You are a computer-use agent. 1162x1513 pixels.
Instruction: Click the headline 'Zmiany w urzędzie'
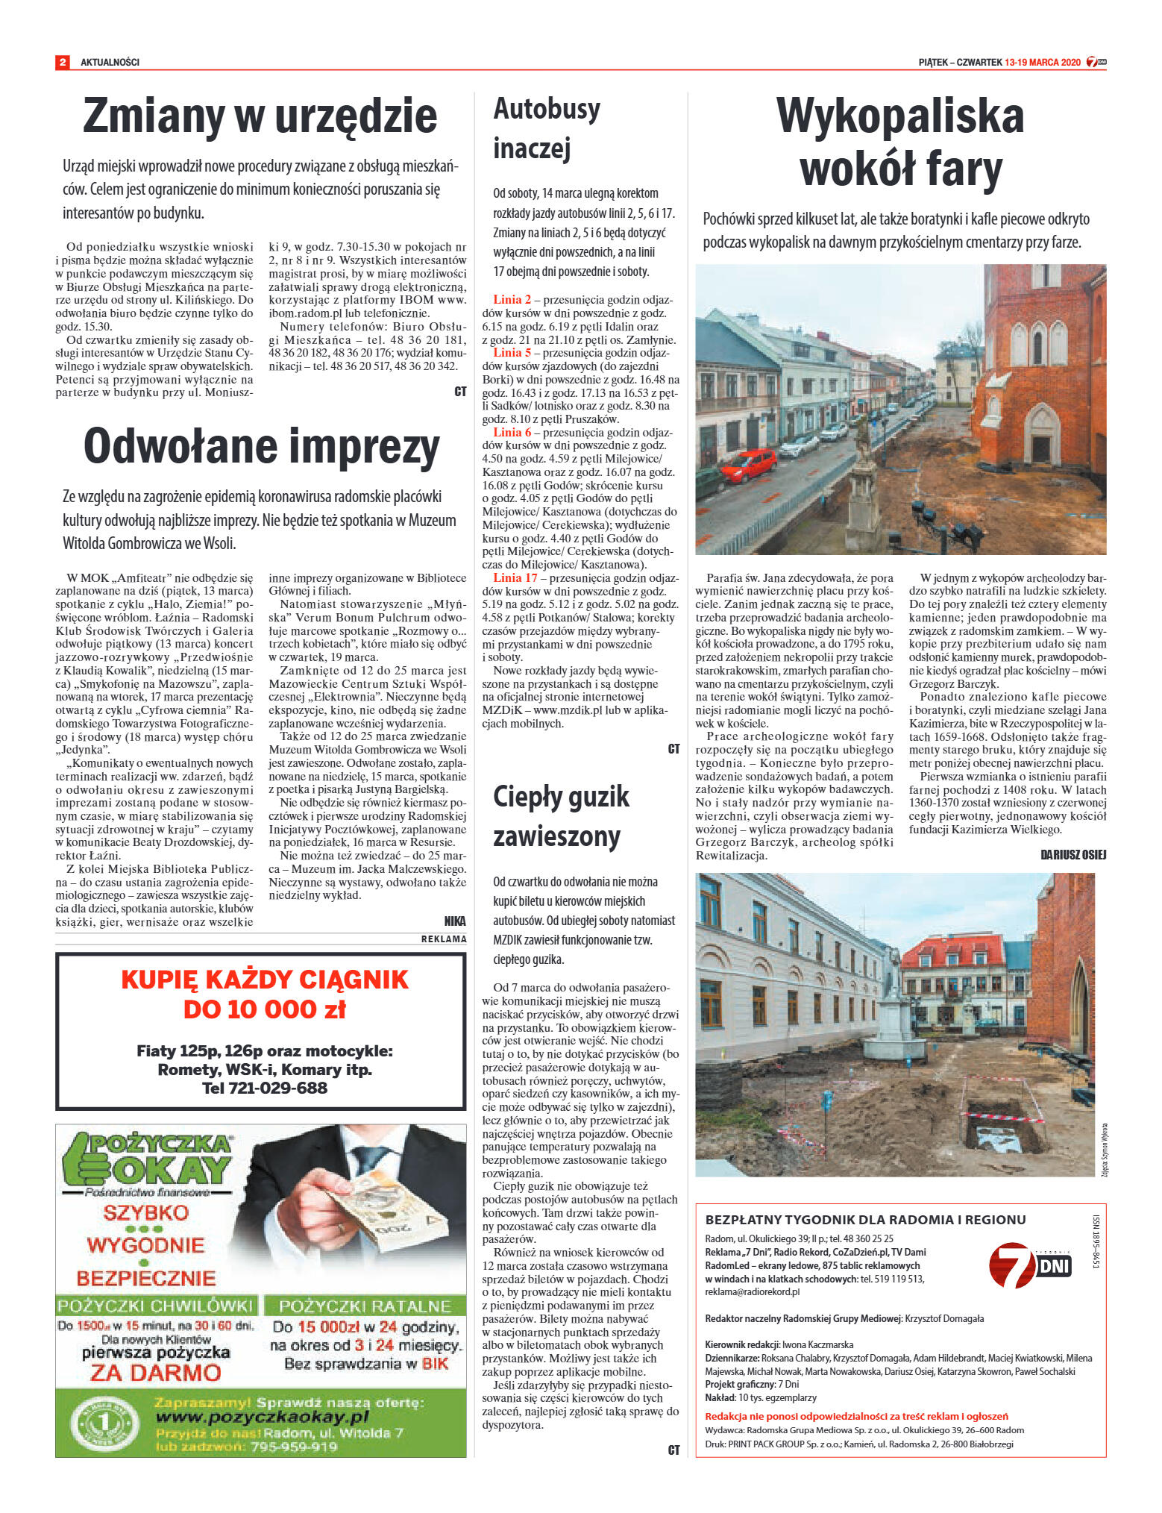click(260, 116)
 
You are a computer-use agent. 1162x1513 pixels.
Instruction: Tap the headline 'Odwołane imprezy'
click(261, 447)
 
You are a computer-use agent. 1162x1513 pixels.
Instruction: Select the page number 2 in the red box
click(63, 62)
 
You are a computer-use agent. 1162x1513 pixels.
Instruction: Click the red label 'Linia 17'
click(515, 577)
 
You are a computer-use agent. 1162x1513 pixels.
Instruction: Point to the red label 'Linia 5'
click(512, 352)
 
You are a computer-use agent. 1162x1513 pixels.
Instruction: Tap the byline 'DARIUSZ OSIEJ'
click(1073, 855)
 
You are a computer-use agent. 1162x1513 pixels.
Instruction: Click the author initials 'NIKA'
click(454, 921)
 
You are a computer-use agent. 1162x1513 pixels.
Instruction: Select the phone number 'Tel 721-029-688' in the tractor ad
click(264, 1088)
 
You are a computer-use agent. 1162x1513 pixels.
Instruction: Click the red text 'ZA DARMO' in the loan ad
click(156, 1373)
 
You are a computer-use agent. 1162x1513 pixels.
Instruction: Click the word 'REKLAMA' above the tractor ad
click(444, 939)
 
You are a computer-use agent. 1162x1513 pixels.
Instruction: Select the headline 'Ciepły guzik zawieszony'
click(561, 816)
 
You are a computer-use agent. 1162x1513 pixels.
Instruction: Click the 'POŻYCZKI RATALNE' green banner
click(365, 1306)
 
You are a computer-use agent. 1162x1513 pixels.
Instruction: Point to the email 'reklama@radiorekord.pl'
click(752, 1291)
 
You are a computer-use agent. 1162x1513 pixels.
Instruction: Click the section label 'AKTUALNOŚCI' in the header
click(110, 62)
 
